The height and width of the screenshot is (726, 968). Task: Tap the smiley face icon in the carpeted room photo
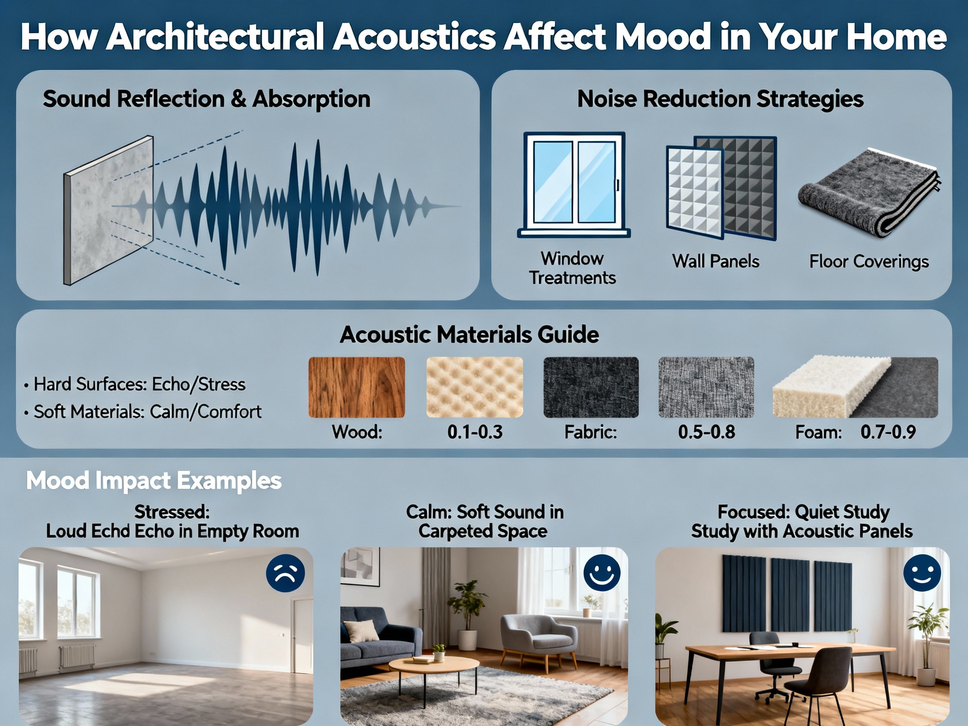point(602,573)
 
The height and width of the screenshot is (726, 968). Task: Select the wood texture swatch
point(357,387)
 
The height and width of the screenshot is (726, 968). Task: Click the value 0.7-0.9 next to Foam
point(888,432)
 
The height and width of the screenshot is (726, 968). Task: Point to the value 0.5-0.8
point(706,432)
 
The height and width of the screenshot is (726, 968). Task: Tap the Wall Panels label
point(715,261)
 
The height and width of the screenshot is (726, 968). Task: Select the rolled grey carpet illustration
point(869,192)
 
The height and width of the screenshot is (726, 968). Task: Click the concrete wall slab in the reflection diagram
point(108,210)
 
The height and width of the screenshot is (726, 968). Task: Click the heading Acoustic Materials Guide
point(469,335)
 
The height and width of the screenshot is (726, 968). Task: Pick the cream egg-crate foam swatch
point(474,387)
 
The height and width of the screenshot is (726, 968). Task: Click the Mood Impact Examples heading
point(154,481)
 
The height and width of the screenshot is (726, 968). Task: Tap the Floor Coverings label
point(869,262)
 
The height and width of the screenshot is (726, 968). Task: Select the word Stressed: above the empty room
point(172,512)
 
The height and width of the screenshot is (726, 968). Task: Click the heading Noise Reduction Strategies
point(720,99)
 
